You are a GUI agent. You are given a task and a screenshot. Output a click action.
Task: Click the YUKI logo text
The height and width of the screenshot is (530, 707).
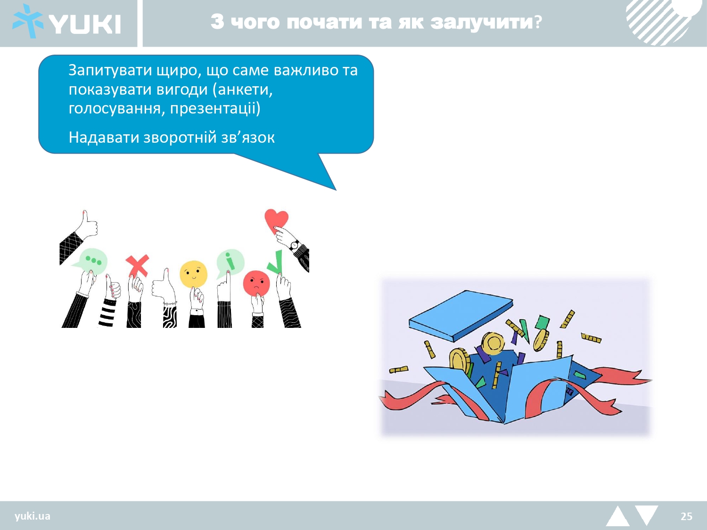85,24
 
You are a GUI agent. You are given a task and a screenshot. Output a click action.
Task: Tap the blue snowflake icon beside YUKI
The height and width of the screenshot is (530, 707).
28,21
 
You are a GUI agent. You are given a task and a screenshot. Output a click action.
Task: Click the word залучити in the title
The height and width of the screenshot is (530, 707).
481,22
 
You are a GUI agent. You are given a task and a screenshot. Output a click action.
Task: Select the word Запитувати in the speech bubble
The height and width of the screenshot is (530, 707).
110,71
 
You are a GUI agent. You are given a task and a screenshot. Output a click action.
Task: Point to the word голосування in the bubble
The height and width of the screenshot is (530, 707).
117,108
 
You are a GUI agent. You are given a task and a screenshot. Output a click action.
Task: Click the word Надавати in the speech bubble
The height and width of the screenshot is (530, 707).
104,138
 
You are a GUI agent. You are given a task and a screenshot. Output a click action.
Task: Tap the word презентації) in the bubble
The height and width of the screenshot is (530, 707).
215,108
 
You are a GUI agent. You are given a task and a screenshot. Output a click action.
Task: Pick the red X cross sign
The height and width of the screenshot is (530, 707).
138,266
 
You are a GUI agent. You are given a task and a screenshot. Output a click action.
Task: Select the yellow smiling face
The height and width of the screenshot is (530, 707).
193,274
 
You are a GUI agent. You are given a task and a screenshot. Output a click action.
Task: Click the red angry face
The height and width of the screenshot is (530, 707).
256,283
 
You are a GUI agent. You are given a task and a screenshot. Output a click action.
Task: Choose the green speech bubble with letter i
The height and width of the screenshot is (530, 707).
230,262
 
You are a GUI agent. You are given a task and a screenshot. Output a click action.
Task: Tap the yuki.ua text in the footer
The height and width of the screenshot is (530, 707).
33,516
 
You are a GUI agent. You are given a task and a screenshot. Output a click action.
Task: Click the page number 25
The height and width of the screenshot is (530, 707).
686,516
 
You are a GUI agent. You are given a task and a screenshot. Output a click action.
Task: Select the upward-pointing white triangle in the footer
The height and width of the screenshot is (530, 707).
618,517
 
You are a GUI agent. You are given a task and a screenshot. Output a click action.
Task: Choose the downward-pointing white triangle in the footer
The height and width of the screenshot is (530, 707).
647,514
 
